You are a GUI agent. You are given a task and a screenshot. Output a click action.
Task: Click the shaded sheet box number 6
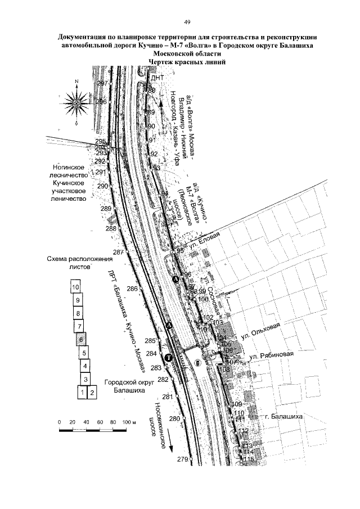tap(81, 340)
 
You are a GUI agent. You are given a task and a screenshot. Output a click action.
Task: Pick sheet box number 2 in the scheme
tap(92, 392)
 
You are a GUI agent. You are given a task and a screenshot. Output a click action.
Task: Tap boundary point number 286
tap(133, 289)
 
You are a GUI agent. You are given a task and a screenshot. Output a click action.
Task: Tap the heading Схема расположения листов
tap(76, 264)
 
